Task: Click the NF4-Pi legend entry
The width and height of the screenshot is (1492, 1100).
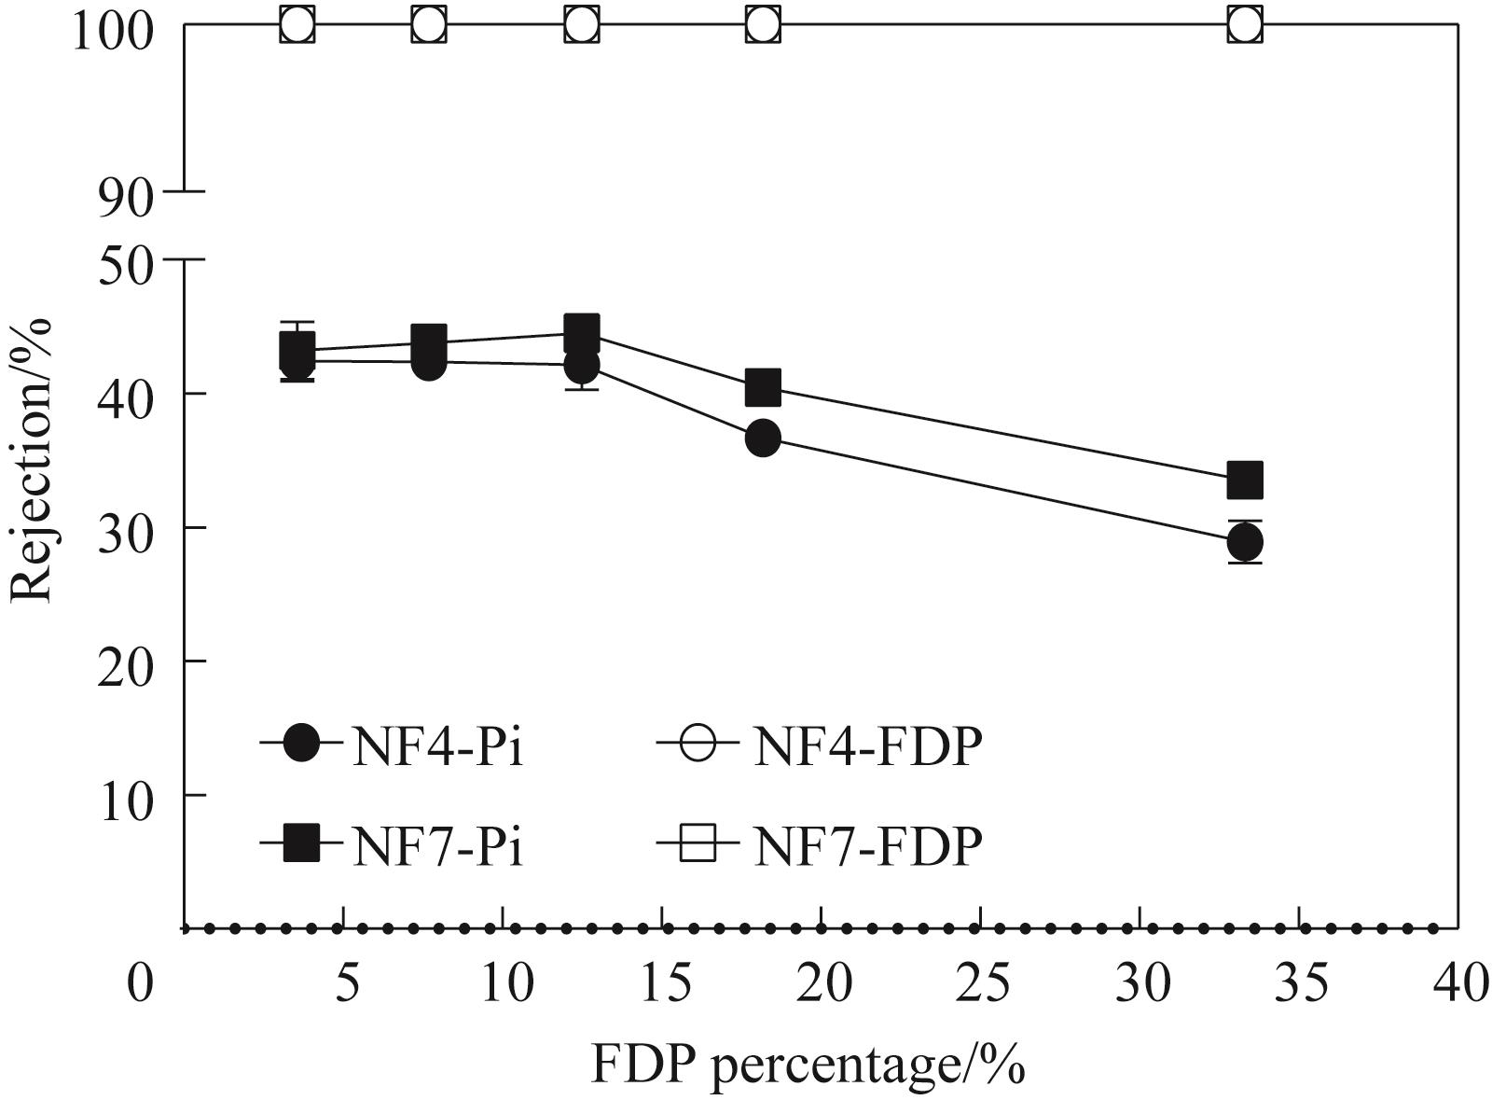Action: click(x=392, y=746)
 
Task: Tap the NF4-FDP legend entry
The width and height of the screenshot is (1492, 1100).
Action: click(x=821, y=746)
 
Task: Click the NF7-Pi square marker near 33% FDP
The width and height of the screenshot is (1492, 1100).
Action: click(x=1245, y=480)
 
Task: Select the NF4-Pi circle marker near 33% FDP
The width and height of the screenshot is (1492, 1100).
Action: click(x=1245, y=541)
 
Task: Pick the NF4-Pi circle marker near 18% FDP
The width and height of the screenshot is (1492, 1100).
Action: click(x=763, y=438)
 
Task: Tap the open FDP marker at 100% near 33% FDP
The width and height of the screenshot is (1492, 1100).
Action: click(x=1245, y=24)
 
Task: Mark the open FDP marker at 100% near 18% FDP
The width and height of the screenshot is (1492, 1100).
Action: click(x=763, y=24)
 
